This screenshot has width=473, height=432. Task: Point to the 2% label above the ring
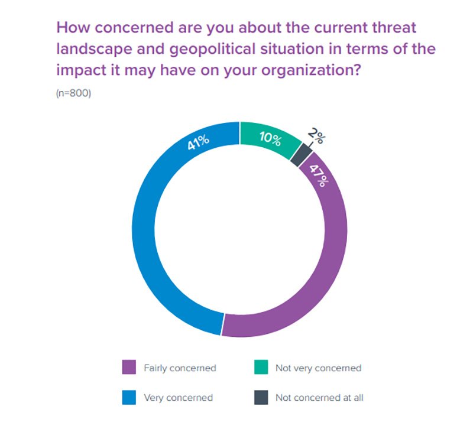[316, 138]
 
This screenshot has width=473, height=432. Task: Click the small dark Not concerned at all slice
[303, 155]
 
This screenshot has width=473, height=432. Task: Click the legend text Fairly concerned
[180, 368]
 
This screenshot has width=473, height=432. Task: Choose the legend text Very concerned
[178, 398]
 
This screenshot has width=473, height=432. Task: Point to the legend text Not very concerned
[318, 368]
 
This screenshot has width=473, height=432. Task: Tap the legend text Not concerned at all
[319, 398]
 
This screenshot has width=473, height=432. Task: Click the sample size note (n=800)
[73, 93]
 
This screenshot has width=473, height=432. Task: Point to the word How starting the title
[72, 27]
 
